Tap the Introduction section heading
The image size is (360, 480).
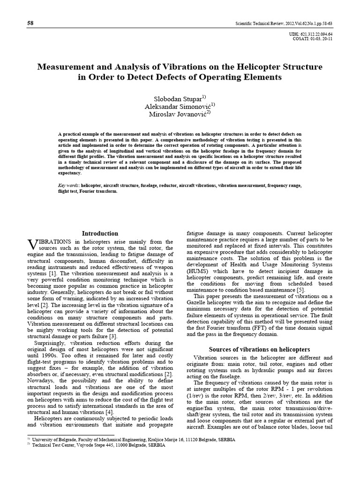coord(100,233)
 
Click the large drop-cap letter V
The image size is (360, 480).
coord(32,244)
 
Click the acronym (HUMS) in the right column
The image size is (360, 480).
coord(199,271)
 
